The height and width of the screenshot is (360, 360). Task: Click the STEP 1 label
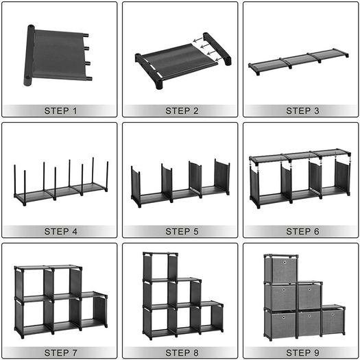point(60,111)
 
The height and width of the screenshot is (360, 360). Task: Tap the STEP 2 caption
point(182,111)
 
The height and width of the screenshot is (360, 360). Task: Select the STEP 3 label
point(302,111)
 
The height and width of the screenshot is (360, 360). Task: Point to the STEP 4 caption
point(60,232)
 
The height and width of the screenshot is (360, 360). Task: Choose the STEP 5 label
point(182,232)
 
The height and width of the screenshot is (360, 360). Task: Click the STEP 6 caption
point(302,232)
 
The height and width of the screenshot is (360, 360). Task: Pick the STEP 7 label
point(60,352)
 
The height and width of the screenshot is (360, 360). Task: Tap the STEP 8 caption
point(182,352)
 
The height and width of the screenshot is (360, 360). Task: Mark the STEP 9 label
point(302,352)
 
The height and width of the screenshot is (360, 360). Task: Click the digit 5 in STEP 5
point(195,232)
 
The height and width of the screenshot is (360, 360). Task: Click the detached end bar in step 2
point(217,49)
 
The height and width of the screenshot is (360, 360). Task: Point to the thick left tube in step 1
point(29,55)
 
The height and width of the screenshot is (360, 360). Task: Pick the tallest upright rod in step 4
point(93,170)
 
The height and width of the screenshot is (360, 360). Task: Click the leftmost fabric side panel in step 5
point(136,186)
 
